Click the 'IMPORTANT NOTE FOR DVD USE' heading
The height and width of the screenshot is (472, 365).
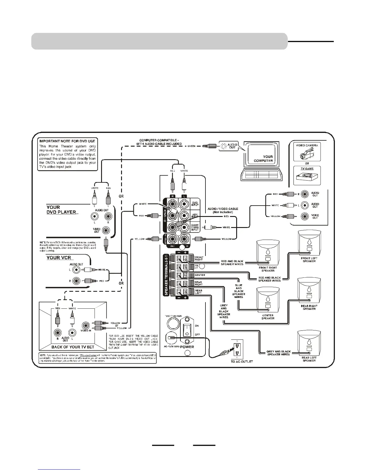(x=67, y=141)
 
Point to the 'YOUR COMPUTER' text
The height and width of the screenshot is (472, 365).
(x=263, y=159)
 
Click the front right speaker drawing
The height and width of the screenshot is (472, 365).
(x=268, y=253)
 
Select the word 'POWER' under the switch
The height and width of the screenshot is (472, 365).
(x=187, y=347)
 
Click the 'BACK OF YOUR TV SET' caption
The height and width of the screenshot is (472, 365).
(x=73, y=347)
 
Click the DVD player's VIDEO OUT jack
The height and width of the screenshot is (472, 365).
(x=106, y=230)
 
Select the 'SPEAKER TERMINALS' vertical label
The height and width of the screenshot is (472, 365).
(x=166, y=275)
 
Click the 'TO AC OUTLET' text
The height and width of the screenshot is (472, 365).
(x=242, y=361)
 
